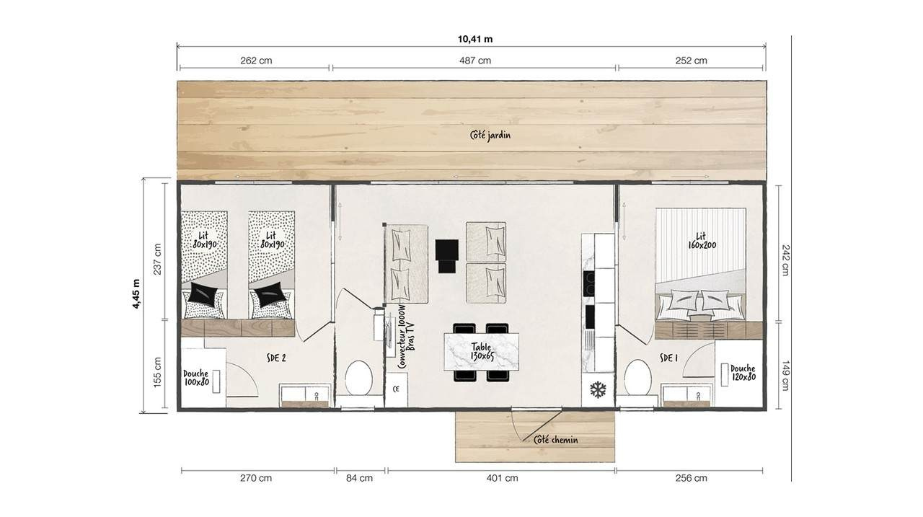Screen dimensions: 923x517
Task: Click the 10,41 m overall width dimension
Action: (475, 39)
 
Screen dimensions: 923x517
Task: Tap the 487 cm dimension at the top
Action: (475, 61)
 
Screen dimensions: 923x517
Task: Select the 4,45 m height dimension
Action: (136, 293)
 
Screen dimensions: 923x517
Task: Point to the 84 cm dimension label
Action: (359, 478)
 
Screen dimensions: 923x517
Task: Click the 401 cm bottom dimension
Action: (503, 478)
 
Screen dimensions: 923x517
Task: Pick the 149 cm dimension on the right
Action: (785, 376)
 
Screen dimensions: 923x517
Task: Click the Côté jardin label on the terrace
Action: (490, 135)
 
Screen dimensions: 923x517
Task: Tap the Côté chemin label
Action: (556, 440)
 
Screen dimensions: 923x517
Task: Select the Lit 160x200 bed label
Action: (702, 241)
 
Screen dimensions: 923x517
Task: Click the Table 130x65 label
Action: (482, 351)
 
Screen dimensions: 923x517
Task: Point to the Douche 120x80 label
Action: (743, 373)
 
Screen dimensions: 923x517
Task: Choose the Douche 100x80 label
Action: (196, 378)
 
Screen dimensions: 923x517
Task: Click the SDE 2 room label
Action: (276, 358)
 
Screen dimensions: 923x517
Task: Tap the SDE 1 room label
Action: (668, 358)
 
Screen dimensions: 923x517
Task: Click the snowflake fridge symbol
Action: (597, 389)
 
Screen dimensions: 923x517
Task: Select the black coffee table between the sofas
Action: (447, 255)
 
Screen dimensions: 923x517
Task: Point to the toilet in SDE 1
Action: (638, 378)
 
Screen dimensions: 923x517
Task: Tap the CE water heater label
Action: (397, 389)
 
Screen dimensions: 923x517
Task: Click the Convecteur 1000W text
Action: (402, 337)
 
